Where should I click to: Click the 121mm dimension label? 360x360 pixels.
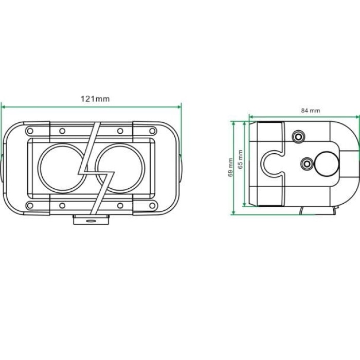click(x=95, y=99)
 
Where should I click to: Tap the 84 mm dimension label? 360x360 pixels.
click(x=311, y=111)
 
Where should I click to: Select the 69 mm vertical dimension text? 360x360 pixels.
click(x=230, y=167)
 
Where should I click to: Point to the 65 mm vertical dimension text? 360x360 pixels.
click(x=240, y=159)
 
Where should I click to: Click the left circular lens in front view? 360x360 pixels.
click(x=39, y=168)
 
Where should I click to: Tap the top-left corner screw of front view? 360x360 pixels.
click(x=30, y=131)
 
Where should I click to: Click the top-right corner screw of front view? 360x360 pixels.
click(x=152, y=131)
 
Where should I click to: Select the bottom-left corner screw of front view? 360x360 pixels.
click(x=30, y=206)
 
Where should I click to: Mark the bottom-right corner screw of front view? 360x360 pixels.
click(x=152, y=206)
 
